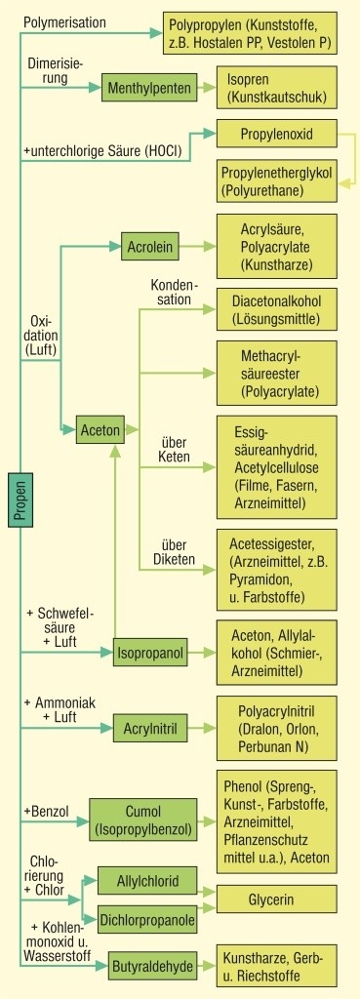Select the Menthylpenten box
tap(142, 87)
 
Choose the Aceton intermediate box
tap(100, 429)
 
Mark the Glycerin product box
tap(277, 898)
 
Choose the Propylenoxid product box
tap(276, 132)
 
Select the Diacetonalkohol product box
tap(277, 308)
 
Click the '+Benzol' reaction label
tap(46, 810)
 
